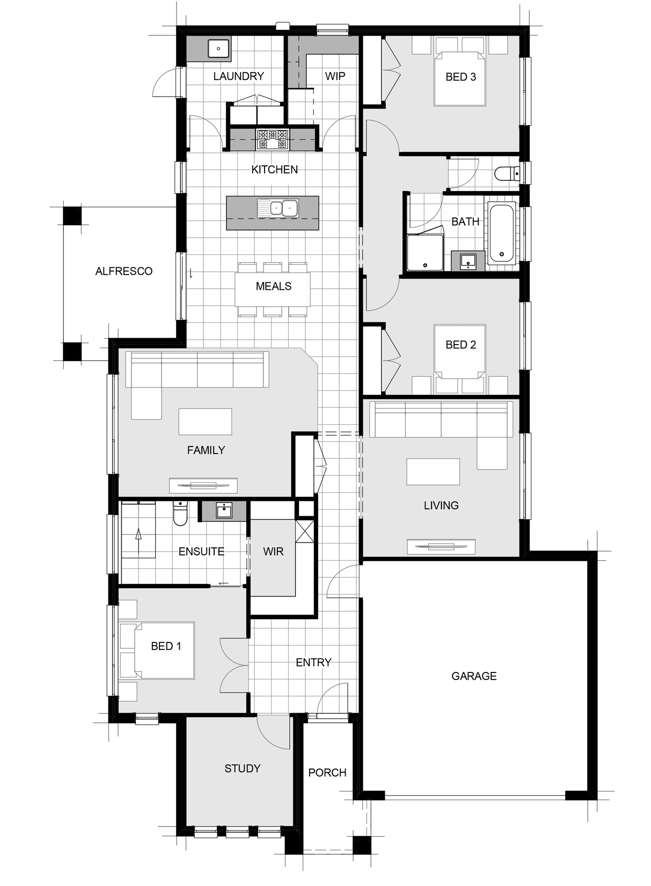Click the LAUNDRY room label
pyautogui.click(x=238, y=76)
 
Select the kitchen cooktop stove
pyautogui.click(x=272, y=139)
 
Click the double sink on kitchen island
pyautogui.click(x=277, y=208)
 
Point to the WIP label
pyautogui.click(x=335, y=76)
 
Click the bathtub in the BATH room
pyautogui.click(x=502, y=233)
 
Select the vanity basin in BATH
pyautogui.click(x=469, y=261)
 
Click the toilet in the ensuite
pyautogui.click(x=180, y=514)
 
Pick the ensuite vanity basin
pyautogui.click(x=224, y=511)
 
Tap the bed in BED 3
pyautogui.click(x=460, y=79)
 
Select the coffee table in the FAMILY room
pyautogui.click(x=205, y=422)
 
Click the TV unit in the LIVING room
pyautogui.click(x=441, y=547)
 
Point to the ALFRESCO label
pyautogui.click(x=124, y=272)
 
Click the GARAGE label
pyautogui.click(x=474, y=676)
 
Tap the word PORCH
pyautogui.click(x=327, y=772)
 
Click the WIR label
pyautogui.click(x=273, y=551)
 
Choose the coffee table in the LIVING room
pyautogui.click(x=433, y=472)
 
